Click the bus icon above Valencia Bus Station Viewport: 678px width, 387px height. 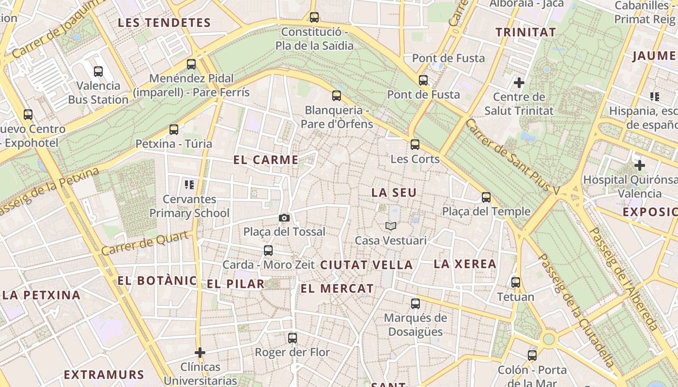[x=98, y=72]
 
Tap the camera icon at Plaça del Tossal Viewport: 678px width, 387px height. [x=284, y=218]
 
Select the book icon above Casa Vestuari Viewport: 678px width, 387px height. [x=390, y=226]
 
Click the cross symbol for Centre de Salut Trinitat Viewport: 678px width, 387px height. [x=519, y=83]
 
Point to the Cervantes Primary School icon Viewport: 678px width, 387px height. [x=189, y=184]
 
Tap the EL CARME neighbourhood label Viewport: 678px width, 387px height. [x=266, y=160]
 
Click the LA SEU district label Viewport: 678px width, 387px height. [x=394, y=193]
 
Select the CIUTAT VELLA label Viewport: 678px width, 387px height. [x=367, y=265]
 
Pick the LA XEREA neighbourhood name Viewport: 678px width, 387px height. [x=465, y=264]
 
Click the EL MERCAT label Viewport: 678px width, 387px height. [x=337, y=289]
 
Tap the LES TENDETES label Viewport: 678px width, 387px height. [x=164, y=23]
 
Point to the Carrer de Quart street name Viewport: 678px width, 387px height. [x=145, y=243]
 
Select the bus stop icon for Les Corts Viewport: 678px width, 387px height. [x=415, y=145]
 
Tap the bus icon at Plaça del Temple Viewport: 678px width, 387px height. [x=486, y=197]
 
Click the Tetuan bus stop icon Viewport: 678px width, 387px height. [x=516, y=283]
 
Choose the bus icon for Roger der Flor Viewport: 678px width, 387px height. [x=293, y=338]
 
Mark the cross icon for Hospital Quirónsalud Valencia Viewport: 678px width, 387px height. [x=640, y=165]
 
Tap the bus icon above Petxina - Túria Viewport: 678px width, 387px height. [x=174, y=130]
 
